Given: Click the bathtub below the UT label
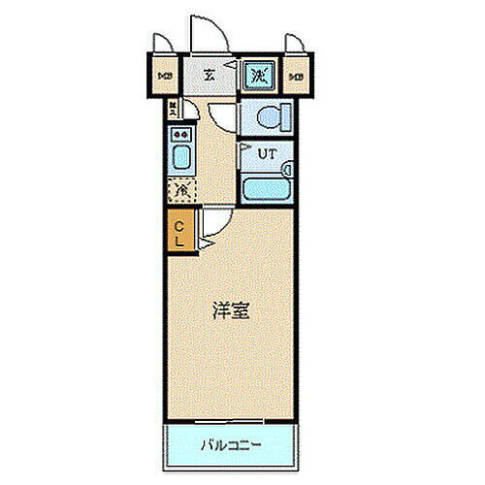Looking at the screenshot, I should tap(264, 189).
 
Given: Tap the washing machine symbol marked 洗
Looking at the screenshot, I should tap(258, 74).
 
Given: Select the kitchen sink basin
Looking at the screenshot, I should tap(180, 158).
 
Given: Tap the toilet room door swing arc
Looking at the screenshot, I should tap(226, 117).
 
